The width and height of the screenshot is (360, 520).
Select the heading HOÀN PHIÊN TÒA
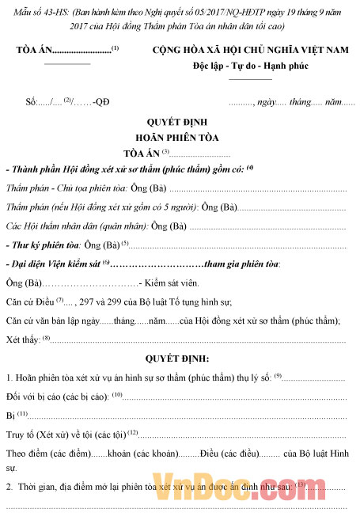click(178, 138)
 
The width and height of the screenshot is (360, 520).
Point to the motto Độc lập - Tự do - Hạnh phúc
click(250, 64)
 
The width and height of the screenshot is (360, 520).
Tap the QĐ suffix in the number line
click(101, 103)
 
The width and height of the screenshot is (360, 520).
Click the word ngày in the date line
click(266, 103)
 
